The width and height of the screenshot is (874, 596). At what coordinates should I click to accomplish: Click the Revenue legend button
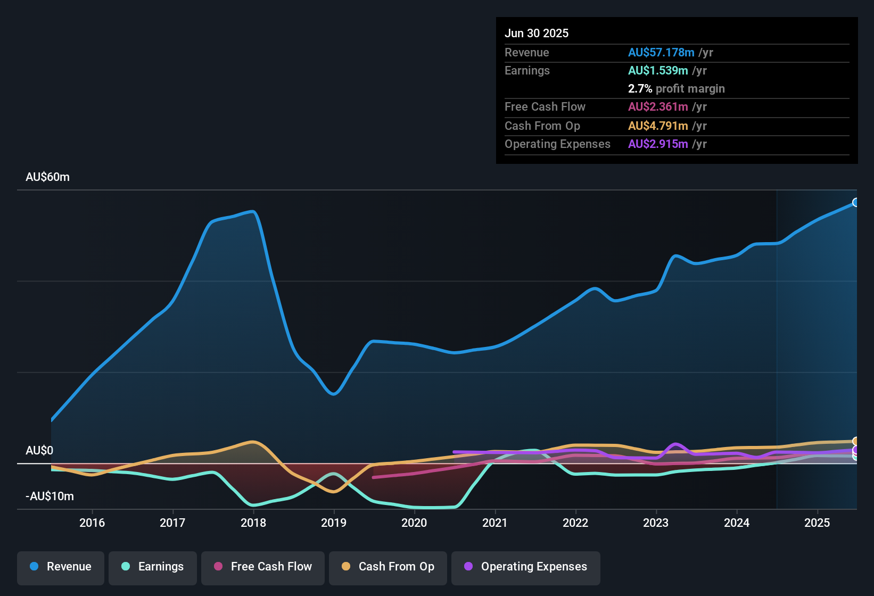tap(61, 567)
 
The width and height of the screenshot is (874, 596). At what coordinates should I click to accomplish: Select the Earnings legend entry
tap(153, 567)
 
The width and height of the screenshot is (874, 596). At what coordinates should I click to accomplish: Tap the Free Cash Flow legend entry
tap(263, 567)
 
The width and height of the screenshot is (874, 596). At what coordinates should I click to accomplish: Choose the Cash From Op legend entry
tap(388, 567)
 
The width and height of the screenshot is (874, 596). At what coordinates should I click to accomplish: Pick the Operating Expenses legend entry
tap(526, 567)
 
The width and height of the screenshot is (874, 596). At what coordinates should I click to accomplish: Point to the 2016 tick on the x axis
tap(92, 523)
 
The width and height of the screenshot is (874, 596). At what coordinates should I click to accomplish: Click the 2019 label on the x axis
tap(334, 523)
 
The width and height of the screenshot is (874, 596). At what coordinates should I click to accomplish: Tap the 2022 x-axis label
tap(575, 523)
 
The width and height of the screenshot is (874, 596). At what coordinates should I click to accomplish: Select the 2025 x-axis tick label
tap(817, 523)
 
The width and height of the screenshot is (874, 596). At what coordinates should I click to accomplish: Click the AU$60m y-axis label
tap(47, 177)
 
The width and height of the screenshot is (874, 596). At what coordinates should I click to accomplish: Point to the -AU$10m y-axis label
tap(50, 496)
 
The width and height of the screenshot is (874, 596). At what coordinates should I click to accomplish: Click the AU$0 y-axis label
tap(39, 451)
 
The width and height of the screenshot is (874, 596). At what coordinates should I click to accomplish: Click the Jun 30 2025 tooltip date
tap(537, 33)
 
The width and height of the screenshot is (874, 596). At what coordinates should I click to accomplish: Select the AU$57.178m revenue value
tap(661, 52)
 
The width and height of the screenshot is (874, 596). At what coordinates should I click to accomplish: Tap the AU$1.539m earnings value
tap(658, 70)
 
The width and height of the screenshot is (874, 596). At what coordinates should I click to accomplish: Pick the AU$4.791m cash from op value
tap(658, 126)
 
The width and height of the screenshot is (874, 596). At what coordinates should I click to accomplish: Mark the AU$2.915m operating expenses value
tap(658, 144)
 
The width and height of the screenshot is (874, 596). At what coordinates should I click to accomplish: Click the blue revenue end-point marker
tap(855, 202)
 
